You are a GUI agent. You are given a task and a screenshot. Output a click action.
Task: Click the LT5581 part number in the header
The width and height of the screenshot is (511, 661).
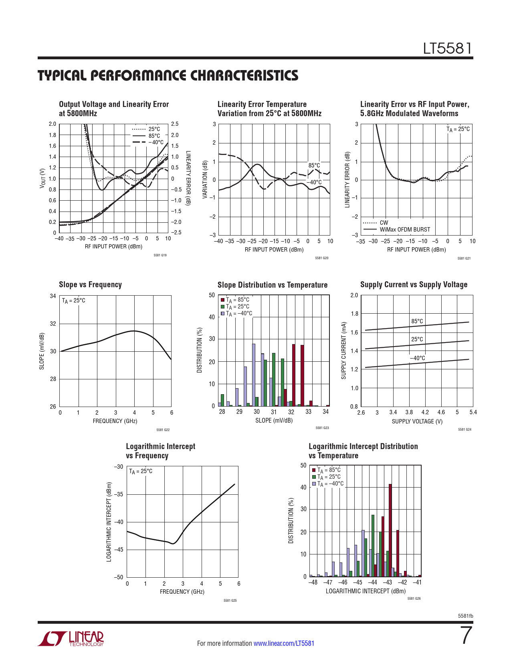(448, 48)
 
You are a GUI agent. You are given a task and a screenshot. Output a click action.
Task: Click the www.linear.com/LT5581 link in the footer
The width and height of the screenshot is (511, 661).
(284, 643)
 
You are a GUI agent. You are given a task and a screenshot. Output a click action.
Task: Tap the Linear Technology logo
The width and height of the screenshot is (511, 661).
(71, 639)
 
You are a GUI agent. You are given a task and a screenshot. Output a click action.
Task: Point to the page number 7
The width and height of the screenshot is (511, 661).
(466, 636)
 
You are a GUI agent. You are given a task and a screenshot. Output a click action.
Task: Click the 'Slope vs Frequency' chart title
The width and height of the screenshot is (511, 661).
(90, 284)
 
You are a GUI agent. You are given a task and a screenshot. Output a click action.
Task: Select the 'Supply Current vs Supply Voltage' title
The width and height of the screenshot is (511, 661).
(414, 284)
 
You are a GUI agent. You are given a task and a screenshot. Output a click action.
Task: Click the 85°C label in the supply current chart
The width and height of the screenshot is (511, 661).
(417, 321)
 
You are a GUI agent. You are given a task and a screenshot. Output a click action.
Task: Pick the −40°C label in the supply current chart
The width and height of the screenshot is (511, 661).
(417, 358)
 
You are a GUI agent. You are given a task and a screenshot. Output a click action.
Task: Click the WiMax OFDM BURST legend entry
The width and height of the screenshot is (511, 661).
(405, 230)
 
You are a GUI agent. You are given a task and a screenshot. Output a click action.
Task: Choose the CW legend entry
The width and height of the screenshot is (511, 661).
(384, 223)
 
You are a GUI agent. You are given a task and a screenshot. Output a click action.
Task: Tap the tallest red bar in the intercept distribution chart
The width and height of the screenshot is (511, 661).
(390, 530)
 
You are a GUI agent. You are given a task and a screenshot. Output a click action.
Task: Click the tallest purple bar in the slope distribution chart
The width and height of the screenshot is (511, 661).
(254, 375)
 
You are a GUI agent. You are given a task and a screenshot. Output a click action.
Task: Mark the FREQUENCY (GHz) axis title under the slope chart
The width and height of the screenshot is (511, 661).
(115, 421)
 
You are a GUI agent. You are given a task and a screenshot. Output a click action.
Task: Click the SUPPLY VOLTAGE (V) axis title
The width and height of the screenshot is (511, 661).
(417, 421)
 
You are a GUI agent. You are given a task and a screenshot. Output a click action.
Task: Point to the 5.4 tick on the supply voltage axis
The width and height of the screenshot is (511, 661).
(473, 412)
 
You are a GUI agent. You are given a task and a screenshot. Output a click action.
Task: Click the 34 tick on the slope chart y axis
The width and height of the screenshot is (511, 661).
(53, 296)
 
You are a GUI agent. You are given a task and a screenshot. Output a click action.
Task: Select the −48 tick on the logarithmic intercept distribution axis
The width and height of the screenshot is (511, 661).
(313, 582)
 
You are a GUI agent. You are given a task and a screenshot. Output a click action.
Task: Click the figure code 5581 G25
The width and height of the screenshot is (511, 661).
(230, 601)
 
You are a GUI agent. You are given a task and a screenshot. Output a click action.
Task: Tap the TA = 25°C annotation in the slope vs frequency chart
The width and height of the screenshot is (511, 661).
(74, 301)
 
